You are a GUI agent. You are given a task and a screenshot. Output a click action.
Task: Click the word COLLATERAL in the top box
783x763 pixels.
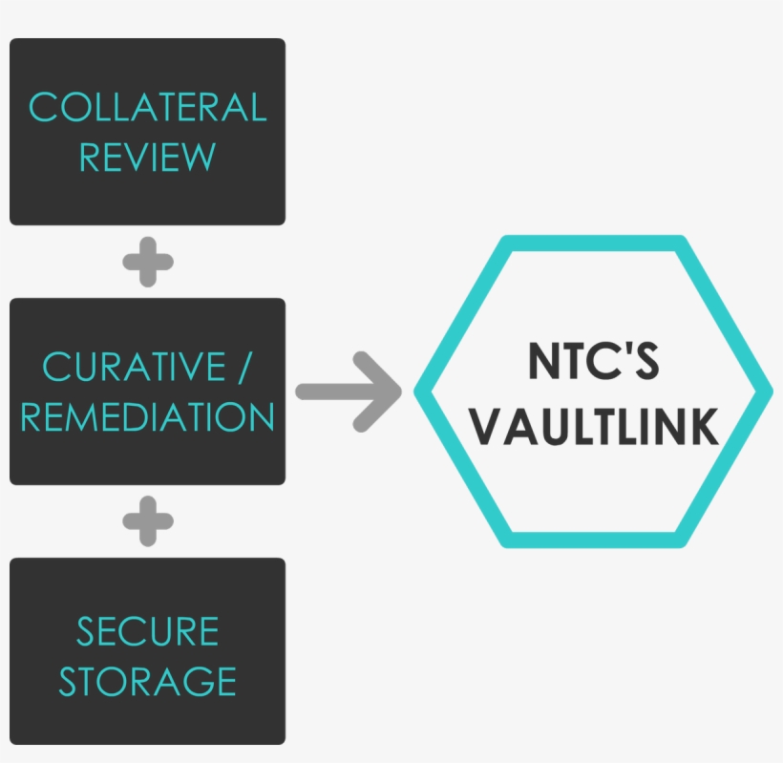[x=147, y=107]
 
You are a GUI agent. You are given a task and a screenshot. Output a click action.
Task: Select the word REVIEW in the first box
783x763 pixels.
[x=147, y=157]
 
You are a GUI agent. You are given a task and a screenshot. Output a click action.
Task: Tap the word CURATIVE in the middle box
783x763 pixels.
[x=133, y=367]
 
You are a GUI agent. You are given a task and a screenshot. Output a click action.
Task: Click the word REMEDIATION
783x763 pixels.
[x=147, y=417]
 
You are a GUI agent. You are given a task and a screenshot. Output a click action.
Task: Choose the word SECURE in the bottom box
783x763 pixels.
[x=147, y=632]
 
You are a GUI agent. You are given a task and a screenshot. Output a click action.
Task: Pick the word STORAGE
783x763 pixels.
[x=147, y=682]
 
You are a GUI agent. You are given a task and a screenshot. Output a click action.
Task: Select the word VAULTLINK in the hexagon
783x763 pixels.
[x=593, y=427]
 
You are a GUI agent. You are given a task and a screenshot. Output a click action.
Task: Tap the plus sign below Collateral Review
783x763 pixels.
[x=148, y=262]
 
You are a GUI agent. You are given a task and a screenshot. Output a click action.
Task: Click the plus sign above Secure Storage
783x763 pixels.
[x=148, y=521]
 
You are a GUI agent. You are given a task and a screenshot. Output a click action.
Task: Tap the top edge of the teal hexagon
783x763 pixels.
[x=593, y=243]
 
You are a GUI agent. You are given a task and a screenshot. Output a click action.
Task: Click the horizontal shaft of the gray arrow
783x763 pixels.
[x=329, y=391]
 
